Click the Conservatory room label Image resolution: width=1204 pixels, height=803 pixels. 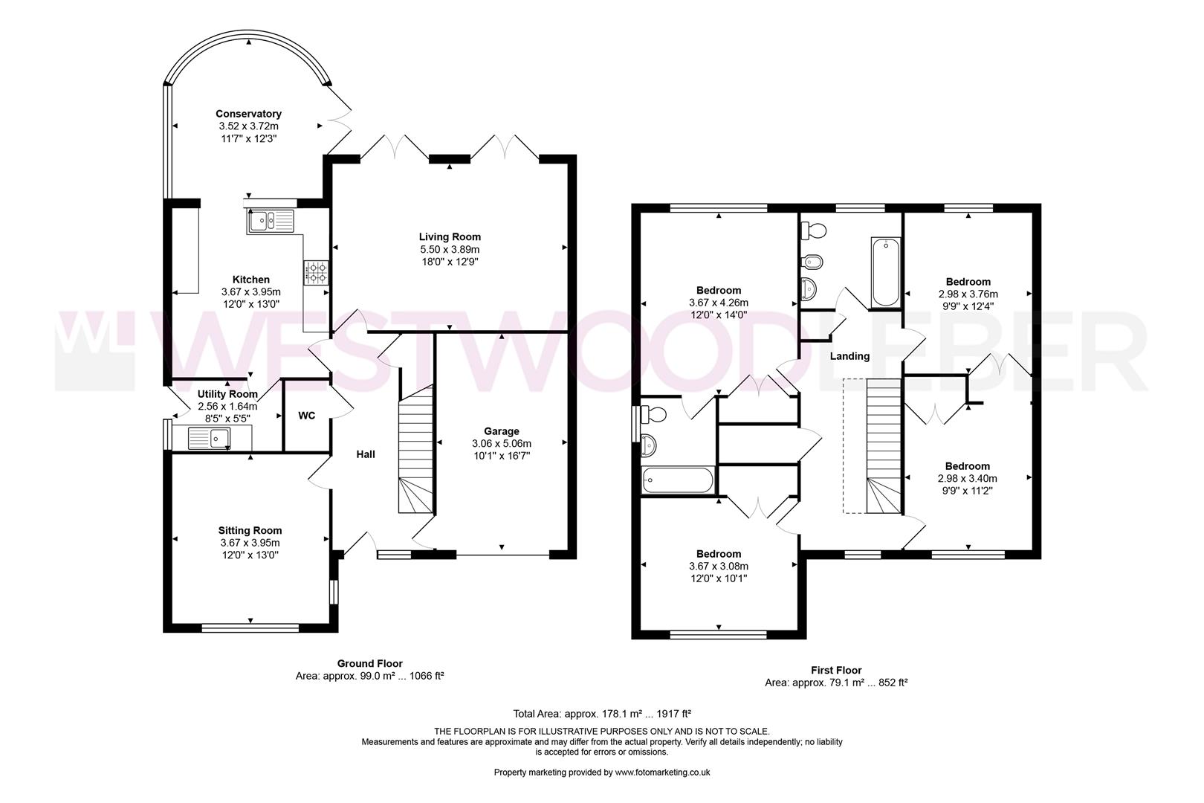248,114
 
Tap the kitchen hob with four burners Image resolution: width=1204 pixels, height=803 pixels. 316,272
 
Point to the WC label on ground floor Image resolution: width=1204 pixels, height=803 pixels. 307,416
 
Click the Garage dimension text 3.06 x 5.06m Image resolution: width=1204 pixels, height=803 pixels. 502,443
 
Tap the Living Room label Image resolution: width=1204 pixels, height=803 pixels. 450,237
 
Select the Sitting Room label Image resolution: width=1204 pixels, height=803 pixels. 250,530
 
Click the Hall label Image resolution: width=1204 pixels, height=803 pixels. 365,454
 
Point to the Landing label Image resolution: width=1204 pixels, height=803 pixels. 849,356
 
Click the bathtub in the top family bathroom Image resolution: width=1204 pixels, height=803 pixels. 886,272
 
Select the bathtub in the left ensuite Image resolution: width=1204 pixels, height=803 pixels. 677,480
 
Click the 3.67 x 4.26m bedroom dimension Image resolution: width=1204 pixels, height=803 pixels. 718,303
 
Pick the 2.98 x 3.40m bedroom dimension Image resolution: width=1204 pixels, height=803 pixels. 967,478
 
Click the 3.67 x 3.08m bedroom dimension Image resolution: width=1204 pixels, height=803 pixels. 718,566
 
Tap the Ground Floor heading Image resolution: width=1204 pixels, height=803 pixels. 369,663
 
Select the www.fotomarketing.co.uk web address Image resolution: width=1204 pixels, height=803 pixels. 662,773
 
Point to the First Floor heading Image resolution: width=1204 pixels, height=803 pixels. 836,670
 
